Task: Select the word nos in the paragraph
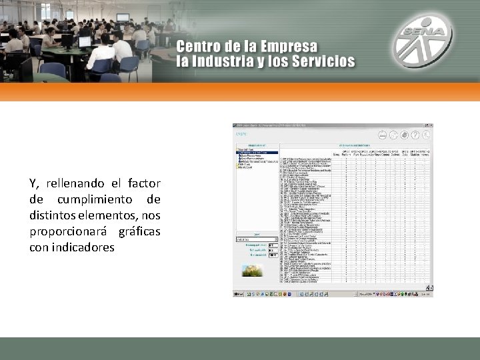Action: pyautogui.click(x=151, y=215)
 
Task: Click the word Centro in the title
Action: pyautogui.click(x=199, y=48)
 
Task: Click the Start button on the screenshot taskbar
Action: pyautogui.click(x=237, y=294)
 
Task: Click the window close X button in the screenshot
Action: pyautogui.click(x=431, y=125)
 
